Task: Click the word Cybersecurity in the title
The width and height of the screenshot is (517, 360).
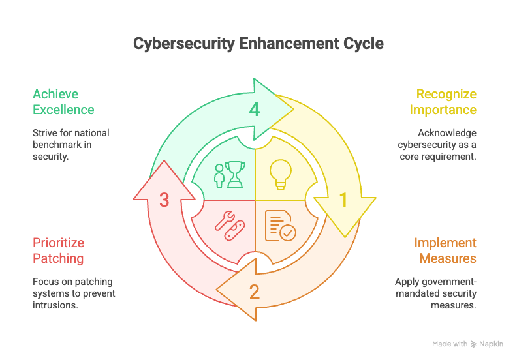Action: coord(183,44)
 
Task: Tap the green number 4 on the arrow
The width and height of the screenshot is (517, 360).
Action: coord(254,109)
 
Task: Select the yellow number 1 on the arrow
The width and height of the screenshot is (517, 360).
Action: coord(343,200)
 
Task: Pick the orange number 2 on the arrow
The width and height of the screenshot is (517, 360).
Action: coord(254,292)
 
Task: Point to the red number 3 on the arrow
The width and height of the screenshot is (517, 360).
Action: coord(164,200)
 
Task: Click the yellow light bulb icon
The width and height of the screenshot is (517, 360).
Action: coord(281,175)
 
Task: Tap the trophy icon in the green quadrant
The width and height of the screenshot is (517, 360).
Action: coord(236,175)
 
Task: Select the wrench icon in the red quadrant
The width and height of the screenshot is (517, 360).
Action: coord(225,220)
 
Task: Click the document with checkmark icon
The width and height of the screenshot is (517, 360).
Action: coord(280,226)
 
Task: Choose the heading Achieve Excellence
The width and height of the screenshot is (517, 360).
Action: coord(63,102)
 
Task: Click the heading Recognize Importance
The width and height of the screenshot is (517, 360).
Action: coord(443,102)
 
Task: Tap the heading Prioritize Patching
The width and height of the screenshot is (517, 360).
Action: coord(58,250)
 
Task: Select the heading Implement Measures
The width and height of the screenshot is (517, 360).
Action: coord(445,250)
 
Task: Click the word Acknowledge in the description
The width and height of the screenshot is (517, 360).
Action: coord(447,133)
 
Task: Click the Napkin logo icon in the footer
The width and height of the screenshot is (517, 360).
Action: coord(473,344)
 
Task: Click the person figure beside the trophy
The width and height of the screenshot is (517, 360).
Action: coord(219,176)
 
